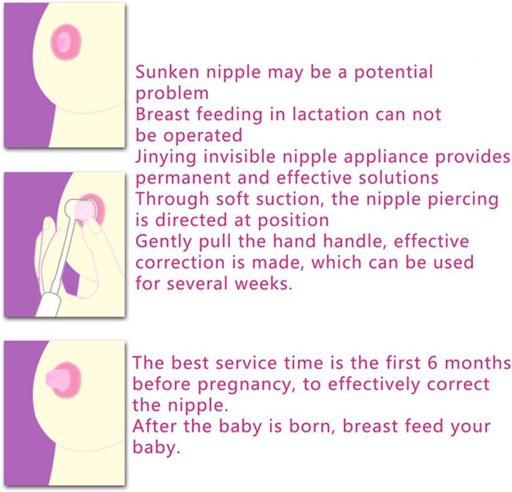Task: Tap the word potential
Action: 393,72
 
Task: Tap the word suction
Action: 303,199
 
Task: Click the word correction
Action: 183,262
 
